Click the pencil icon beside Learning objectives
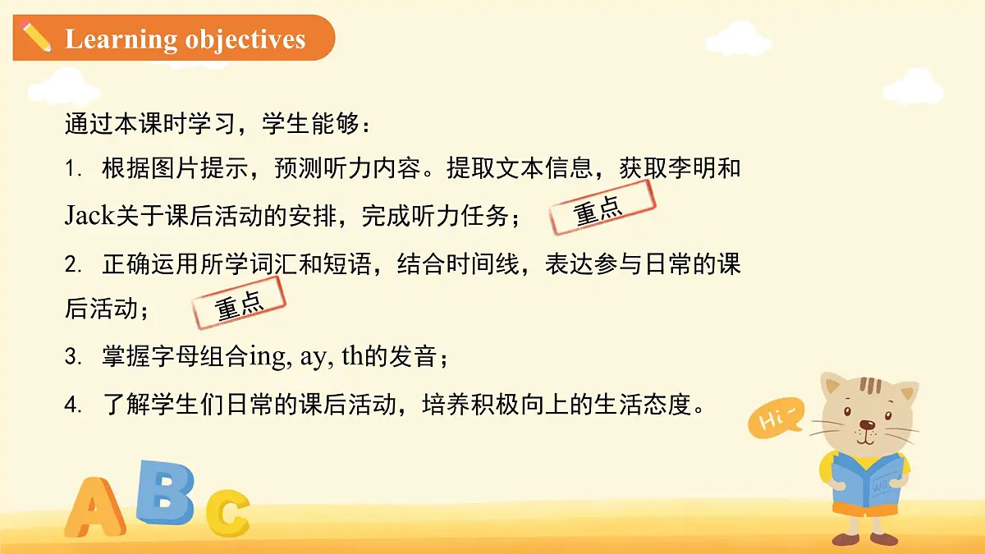pos(36,37)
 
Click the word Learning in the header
pos(121,39)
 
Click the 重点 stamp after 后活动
pos(239,303)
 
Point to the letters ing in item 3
pos(266,359)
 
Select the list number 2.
pos(73,264)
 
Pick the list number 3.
pos(73,358)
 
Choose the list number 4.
pos(73,405)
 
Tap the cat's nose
pos(867,425)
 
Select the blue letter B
pos(166,492)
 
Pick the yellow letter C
pos(227,511)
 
